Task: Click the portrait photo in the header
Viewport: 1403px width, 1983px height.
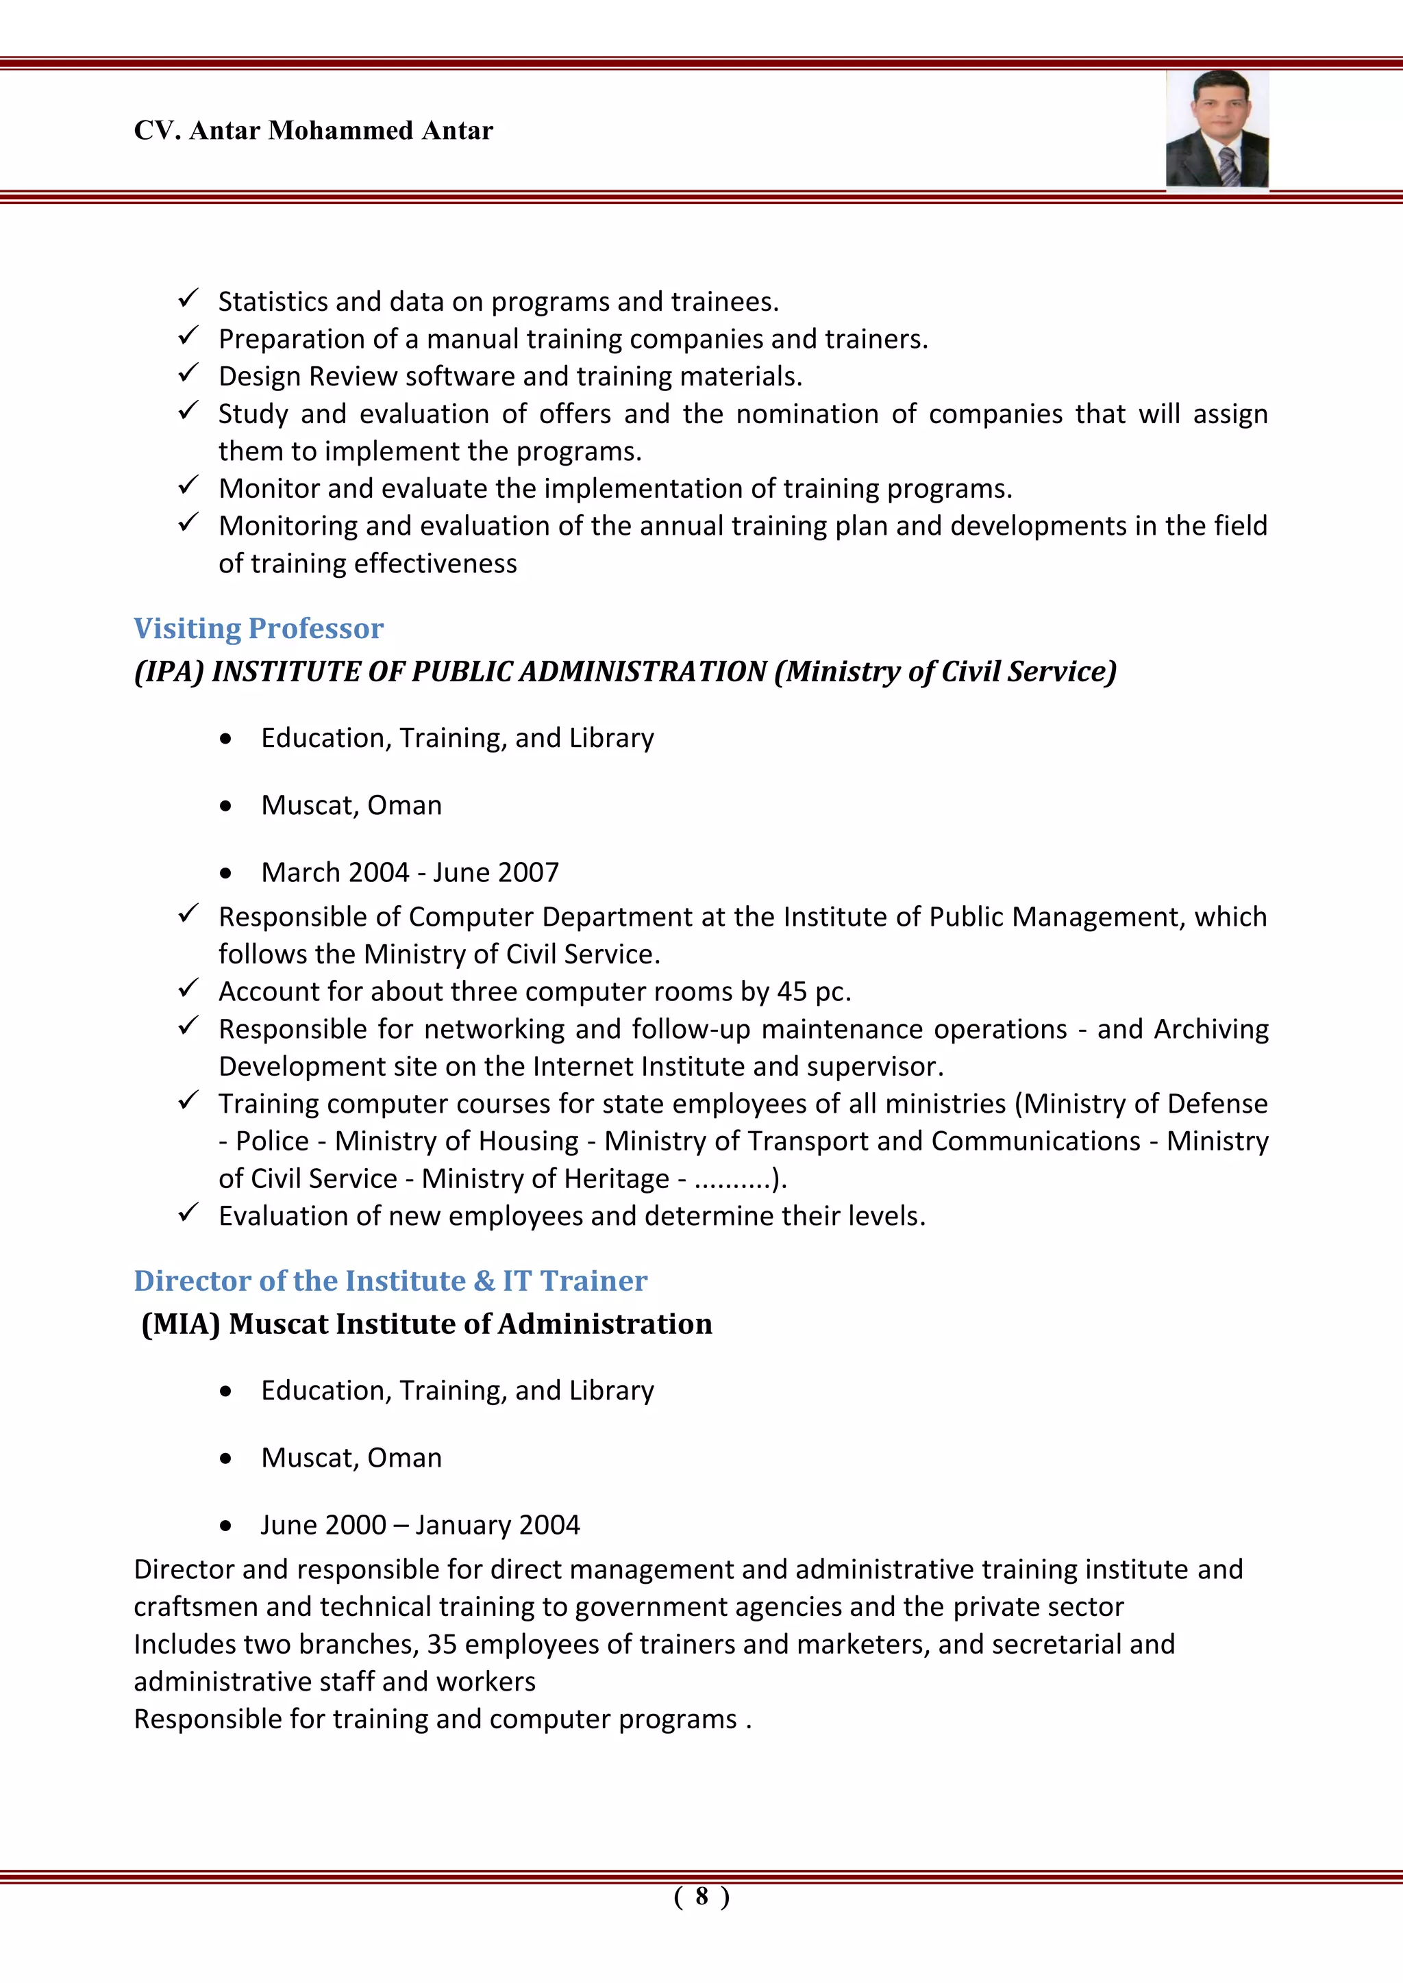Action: pos(1217,129)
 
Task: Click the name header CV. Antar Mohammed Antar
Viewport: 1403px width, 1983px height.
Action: pos(314,130)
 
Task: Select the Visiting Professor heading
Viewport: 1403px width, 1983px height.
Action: pos(258,628)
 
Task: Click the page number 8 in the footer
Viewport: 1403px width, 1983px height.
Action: pos(701,1896)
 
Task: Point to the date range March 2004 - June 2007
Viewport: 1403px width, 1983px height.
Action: pos(410,872)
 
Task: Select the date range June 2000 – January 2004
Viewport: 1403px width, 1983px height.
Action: pos(421,1524)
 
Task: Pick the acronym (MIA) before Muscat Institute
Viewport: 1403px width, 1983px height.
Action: pos(182,1324)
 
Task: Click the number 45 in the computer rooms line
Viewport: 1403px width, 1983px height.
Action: pos(791,991)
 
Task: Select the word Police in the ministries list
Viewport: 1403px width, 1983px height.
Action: pos(272,1141)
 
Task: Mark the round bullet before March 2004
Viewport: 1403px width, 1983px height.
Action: pos(225,874)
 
